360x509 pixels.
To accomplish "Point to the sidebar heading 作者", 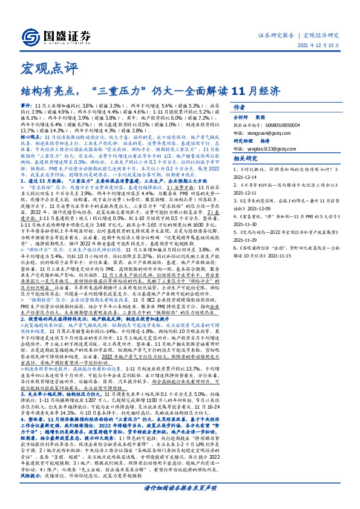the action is click(x=256, y=108).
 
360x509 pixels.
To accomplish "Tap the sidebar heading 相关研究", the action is click(x=262, y=158).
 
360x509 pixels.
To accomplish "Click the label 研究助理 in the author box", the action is click(x=262, y=139).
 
